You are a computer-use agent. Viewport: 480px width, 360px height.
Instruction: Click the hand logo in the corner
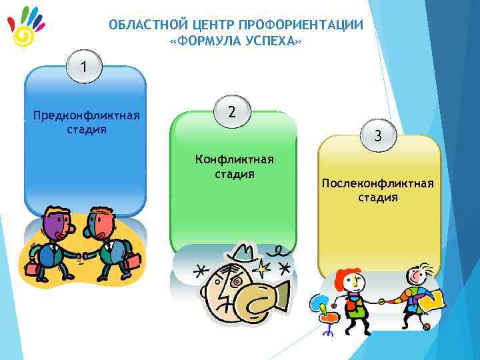[x=26, y=27]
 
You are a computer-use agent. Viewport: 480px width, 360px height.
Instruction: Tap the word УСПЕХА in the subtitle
[x=269, y=42]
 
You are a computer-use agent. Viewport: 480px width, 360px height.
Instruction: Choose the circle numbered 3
[x=377, y=137]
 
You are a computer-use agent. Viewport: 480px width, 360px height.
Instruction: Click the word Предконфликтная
[x=87, y=116]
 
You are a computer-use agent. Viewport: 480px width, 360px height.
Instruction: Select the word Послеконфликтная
[x=377, y=183]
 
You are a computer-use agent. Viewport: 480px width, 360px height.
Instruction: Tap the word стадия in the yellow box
[x=377, y=197]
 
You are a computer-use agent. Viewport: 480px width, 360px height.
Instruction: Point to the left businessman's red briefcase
[x=31, y=268]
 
